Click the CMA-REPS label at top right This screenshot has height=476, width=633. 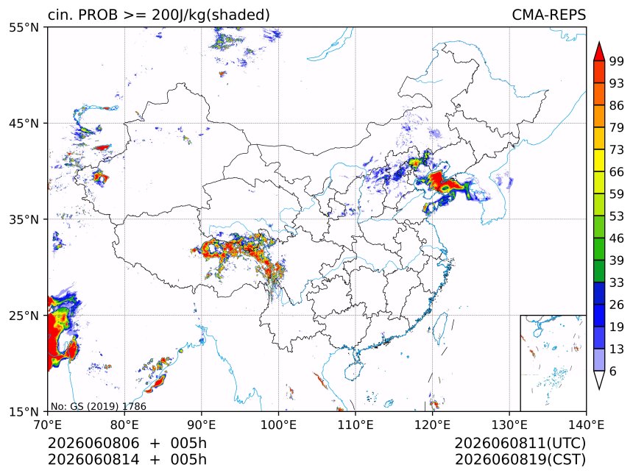tap(548, 15)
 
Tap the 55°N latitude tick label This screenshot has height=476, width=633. tap(24, 28)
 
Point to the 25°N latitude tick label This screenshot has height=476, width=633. tap(24, 316)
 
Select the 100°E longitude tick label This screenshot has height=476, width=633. tap(278, 425)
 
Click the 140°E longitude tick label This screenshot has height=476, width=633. tap(586, 425)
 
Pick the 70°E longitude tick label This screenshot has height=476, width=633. tap(48, 425)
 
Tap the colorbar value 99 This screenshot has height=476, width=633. tap(617, 61)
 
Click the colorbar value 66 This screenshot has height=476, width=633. tap(617, 172)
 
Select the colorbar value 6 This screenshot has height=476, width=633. tap(613, 371)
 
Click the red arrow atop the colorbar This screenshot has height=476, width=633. tap(599, 51)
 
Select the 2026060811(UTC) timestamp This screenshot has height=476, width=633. tap(520, 443)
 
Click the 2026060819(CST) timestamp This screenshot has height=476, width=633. tap(520, 460)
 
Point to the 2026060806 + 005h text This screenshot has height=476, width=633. tap(127, 443)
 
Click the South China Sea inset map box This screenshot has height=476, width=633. tap(553, 363)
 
